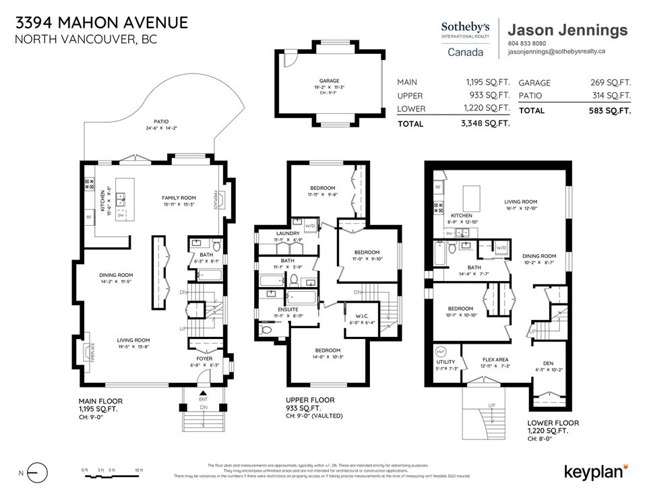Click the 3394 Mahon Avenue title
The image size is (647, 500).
point(101,22)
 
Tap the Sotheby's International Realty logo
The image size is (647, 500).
point(466,38)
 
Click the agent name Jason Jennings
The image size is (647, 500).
point(567,30)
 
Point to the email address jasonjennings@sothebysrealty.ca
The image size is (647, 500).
point(556,51)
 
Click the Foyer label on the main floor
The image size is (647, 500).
point(205,359)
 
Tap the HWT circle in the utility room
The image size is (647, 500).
point(442,352)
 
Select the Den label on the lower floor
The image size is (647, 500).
point(548,363)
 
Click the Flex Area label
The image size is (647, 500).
point(495,360)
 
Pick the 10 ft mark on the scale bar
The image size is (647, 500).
point(140,470)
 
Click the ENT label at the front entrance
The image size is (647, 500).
point(202,400)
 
